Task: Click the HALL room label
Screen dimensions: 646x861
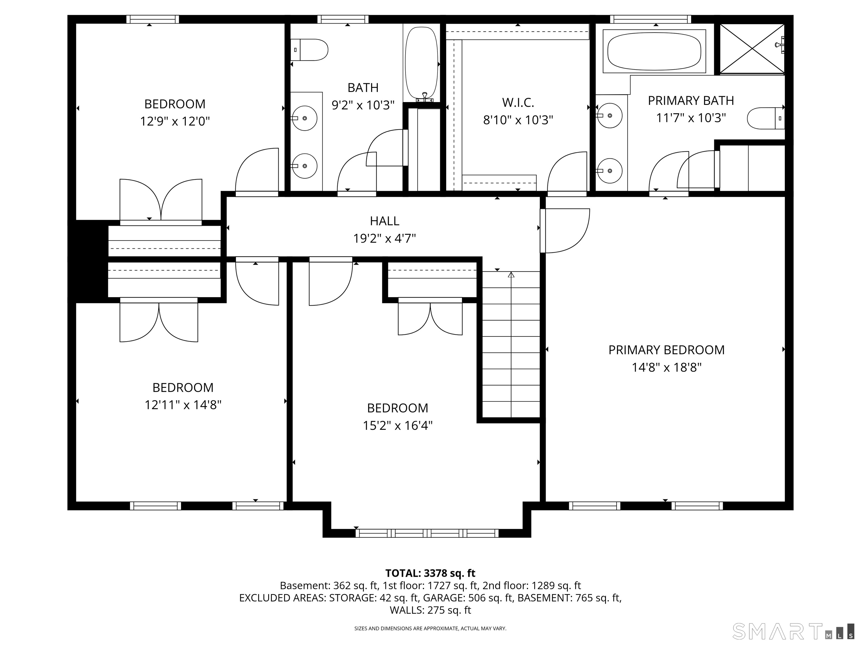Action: coord(384,221)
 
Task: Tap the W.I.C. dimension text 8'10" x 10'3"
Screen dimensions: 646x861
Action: coord(518,120)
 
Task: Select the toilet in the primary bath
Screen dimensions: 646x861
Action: coord(765,118)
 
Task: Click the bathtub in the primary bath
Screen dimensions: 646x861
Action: coord(654,51)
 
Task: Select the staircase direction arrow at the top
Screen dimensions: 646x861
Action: coord(511,275)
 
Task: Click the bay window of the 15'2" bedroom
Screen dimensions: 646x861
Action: coord(427,533)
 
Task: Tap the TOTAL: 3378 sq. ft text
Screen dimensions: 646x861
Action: coord(430,573)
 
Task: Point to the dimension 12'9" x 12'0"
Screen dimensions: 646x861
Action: coord(175,121)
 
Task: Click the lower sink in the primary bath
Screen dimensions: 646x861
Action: coord(610,170)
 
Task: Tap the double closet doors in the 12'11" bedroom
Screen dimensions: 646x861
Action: coord(159,321)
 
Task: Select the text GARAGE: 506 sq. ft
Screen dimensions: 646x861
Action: coord(467,598)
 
